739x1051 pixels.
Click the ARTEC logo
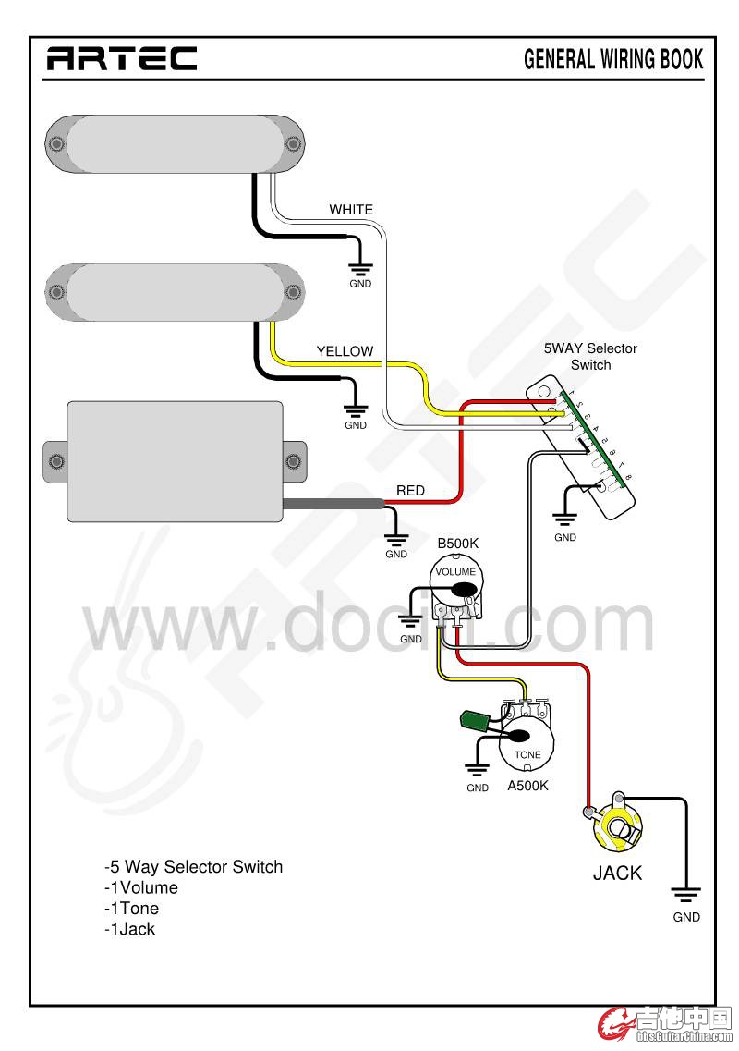tap(122, 59)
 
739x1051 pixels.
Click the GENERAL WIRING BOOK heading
tap(613, 59)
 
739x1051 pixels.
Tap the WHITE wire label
tap(351, 210)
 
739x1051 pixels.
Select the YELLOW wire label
tap(345, 351)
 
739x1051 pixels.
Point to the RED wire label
tap(410, 490)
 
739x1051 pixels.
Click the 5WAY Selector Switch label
tap(590, 357)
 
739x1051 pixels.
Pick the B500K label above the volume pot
tap(457, 546)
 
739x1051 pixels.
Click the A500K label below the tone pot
tap(527, 786)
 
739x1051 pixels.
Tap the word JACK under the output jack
tap(617, 873)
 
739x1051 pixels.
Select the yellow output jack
tap(616, 829)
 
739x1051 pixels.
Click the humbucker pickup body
tap(175, 460)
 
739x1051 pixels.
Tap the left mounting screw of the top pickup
tap(55, 143)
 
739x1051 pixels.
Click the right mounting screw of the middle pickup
tap(294, 293)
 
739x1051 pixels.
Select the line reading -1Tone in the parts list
tap(131, 909)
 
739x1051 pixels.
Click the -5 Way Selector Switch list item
tap(193, 867)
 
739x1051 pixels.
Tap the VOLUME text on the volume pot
tap(455, 572)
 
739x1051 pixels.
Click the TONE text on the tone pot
tap(527, 755)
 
